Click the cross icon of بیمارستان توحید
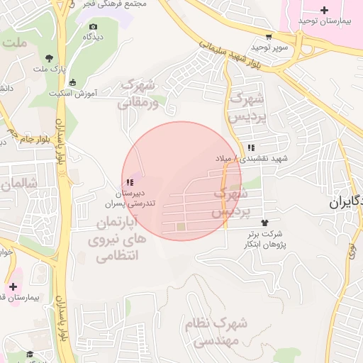325,10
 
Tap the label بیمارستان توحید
325,21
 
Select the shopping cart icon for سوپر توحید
267,36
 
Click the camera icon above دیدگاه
93,27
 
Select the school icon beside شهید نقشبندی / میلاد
251,147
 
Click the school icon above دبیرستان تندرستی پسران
129,182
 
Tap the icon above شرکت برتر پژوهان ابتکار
266,223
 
